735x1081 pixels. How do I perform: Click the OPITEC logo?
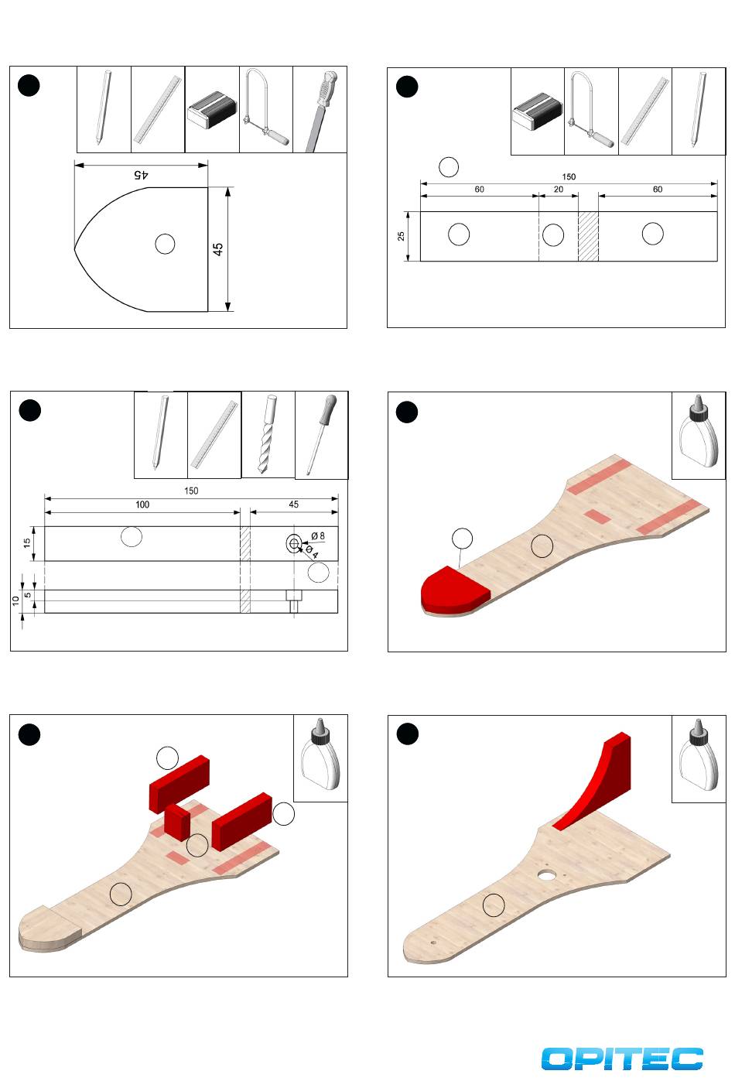(621, 1059)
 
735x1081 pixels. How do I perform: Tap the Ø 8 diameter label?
(318, 535)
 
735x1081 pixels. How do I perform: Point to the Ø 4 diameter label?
(312, 552)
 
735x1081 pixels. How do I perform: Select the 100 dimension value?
(142, 505)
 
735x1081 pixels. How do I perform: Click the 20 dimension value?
(559, 189)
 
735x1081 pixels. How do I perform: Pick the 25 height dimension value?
(401, 236)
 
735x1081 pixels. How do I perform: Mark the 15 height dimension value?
(27, 542)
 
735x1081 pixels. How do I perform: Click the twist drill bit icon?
(268, 434)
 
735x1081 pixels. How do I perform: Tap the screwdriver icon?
(321, 435)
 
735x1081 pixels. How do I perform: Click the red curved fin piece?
(593, 782)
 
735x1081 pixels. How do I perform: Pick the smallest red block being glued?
(177, 822)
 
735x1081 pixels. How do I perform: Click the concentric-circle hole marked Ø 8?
(294, 544)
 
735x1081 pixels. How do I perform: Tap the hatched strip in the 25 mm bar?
(588, 237)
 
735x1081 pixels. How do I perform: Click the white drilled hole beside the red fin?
(547, 874)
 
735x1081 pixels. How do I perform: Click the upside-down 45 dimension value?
(141, 174)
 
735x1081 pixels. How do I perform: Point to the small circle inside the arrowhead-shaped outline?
(165, 244)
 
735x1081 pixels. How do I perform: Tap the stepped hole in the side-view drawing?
(293, 601)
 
